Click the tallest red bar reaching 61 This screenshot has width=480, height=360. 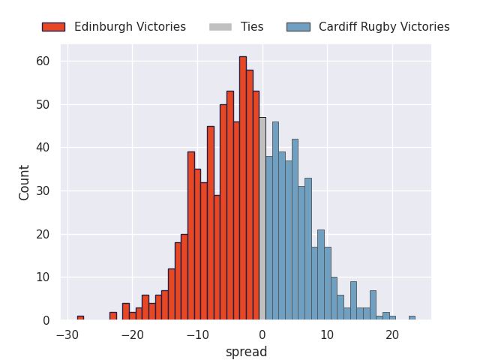[243, 188]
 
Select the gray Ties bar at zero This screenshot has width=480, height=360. [262, 218]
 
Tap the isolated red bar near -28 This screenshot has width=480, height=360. [80, 318]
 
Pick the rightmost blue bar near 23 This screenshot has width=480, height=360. [412, 318]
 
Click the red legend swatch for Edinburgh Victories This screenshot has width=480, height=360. [53, 27]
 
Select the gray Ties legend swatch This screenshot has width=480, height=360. [220, 27]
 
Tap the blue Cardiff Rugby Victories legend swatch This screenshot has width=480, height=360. [298, 27]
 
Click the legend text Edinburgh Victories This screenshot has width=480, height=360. [130, 27]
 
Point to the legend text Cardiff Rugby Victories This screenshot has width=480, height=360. [384, 27]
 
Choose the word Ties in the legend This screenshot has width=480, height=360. [252, 27]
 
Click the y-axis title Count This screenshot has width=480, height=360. [24, 183]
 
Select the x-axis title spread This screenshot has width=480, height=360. [247, 352]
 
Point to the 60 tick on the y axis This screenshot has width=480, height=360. [43, 61]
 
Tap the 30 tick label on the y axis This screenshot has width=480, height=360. [43, 191]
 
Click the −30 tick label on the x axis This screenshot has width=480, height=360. [67, 335]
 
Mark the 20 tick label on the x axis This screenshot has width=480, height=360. [392, 335]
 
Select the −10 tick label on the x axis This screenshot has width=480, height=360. [197, 335]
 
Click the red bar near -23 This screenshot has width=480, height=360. [113, 316]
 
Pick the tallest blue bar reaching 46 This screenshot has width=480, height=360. [275, 220]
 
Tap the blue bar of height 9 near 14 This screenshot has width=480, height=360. [353, 301]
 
